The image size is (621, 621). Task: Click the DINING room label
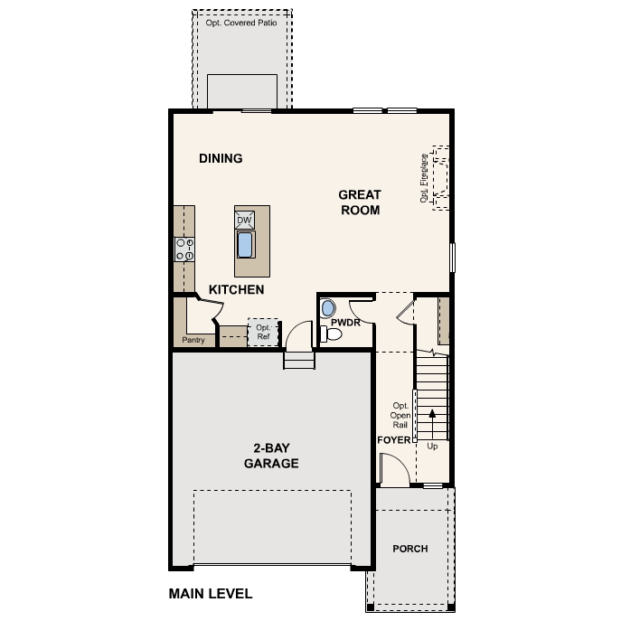[x=221, y=159]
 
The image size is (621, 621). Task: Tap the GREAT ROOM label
[x=360, y=202]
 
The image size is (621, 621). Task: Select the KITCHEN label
[x=237, y=290]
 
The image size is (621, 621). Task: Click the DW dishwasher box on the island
[x=244, y=220]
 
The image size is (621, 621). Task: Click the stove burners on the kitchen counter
[x=184, y=249]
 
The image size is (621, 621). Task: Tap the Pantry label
[x=193, y=341]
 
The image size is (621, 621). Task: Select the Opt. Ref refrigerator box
[x=263, y=332]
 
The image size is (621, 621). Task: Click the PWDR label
[x=346, y=321]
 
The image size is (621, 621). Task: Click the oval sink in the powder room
[x=328, y=307]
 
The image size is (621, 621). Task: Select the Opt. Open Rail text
[x=400, y=415]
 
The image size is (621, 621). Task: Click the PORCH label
[x=410, y=549]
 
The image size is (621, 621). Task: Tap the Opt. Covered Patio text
[x=241, y=22]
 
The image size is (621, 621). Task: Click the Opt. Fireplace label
[x=424, y=178]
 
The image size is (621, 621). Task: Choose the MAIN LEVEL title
[x=211, y=594]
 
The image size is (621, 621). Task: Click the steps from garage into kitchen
[x=298, y=360]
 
